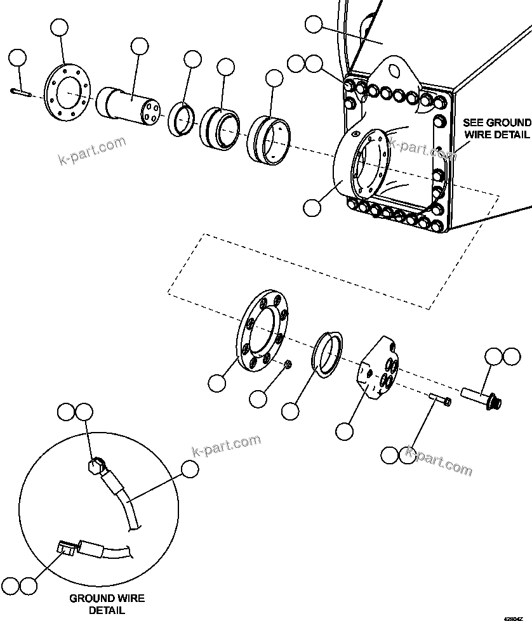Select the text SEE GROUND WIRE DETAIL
click(496, 128)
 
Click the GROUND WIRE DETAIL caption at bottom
click(107, 604)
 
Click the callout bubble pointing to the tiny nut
click(258, 399)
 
